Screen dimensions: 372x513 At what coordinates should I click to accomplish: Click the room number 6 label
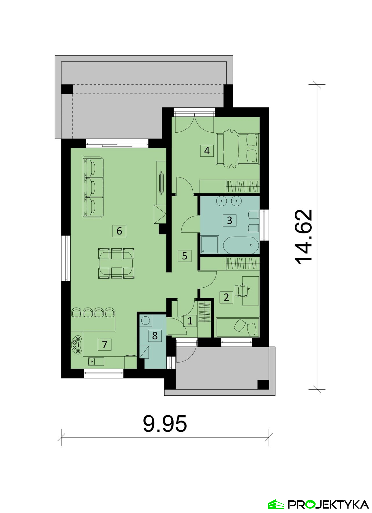pyautogui.click(x=119, y=231)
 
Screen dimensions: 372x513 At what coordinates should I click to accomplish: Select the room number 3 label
pyautogui.click(x=230, y=220)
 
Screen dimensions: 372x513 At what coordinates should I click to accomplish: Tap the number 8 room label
pyautogui.click(x=155, y=335)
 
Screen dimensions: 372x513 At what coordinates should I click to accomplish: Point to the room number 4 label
pyautogui.click(x=207, y=150)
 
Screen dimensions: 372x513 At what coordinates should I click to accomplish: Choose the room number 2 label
pyautogui.click(x=226, y=297)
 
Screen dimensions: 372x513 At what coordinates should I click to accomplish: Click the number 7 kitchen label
pyautogui.click(x=104, y=344)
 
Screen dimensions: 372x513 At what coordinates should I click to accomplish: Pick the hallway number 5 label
pyautogui.click(x=185, y=256)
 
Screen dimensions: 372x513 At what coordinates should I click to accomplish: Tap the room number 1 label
pyautogui.click(x=190, y=321)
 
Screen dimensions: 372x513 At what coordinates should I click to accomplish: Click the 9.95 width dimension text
pyautogui.click(x=165, y=424)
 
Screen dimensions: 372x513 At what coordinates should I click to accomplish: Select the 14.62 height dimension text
pyautogui.click(x=304, y=237)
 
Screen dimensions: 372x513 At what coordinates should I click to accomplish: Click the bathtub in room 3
pyautogui.click(x=241, y=245)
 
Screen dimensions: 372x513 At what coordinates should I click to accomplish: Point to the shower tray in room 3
pyautogui.click(x=210, y=245)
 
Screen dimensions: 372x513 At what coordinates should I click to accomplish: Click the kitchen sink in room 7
pyautogui.click(x=96, y=361)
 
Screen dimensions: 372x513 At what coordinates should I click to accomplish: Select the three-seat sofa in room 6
pyautogui.click(x=93, y=187)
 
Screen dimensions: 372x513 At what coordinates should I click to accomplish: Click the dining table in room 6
pyautogui.click(x=116, y=263)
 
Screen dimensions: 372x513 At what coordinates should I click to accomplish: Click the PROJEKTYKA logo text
pyautogui.click(x=328, y=504)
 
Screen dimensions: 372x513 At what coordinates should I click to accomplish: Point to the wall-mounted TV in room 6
pyautogui.click(x=161, y=182)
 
